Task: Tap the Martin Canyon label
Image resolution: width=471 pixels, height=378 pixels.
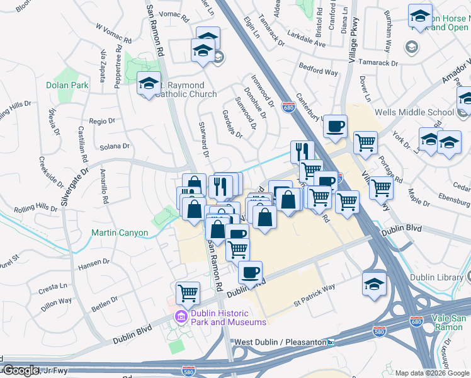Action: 120,233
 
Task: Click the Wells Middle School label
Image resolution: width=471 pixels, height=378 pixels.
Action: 414,113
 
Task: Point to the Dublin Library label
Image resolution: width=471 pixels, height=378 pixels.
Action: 440,277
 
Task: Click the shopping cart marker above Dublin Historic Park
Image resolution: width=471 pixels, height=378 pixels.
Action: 188,292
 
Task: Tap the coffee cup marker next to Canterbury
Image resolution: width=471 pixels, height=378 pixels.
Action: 335,125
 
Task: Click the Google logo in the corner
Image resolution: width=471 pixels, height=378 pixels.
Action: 20,370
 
